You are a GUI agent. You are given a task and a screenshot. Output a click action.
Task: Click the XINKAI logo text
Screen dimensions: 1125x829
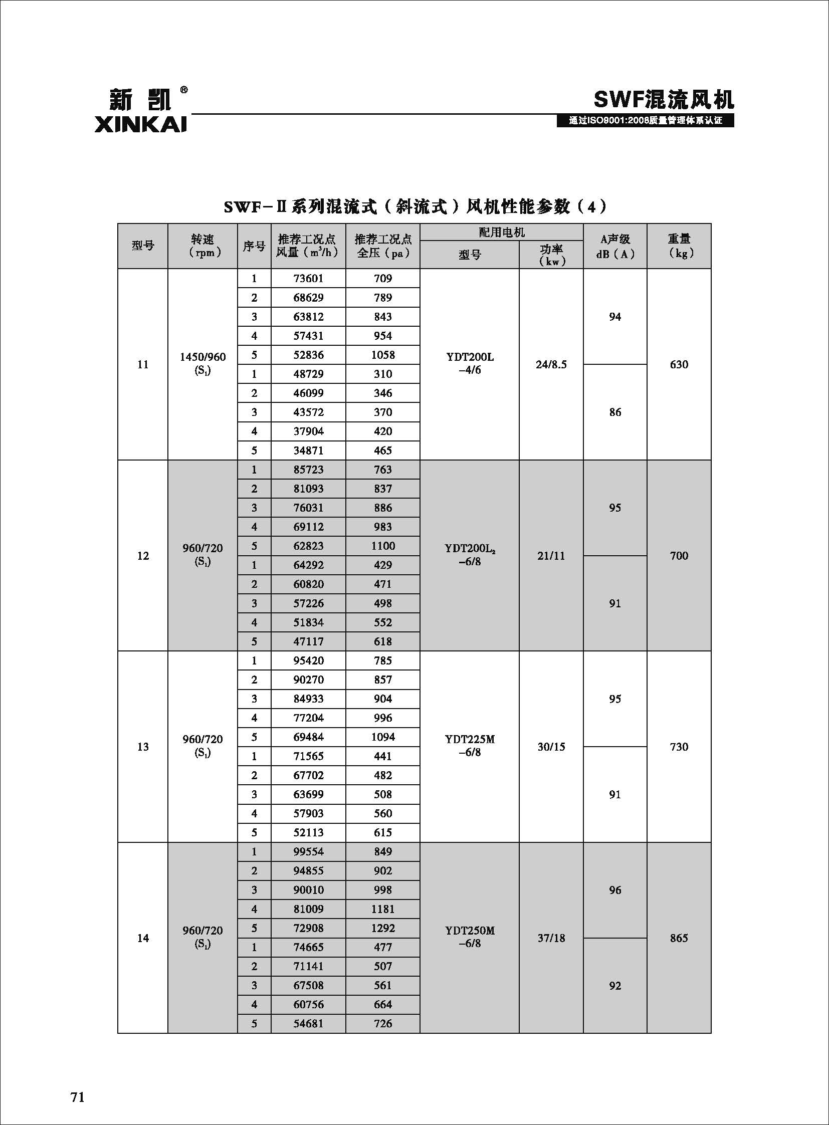click(140, 124)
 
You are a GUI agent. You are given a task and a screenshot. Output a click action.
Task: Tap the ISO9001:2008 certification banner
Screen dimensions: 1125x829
click(645, 121)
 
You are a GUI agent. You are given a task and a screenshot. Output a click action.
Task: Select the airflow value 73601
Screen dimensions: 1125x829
click(308, 279)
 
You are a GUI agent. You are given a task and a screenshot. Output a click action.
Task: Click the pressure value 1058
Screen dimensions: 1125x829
click(382, 355)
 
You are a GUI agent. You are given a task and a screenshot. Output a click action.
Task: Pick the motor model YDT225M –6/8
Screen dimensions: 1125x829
click(469, 746)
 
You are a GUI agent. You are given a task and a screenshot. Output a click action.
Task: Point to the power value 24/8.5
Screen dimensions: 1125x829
click(551, 364)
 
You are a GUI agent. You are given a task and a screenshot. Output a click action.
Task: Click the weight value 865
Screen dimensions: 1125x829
click(679, 938)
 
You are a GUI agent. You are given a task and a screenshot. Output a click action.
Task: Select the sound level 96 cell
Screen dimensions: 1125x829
click(614, 890)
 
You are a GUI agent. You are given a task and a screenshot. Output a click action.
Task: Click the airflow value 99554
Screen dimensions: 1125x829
click(308, 851)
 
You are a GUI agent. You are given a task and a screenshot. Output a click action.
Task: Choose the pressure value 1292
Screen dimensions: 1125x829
click(382, 928)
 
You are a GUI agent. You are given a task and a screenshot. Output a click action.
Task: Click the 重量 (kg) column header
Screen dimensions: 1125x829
click(679, 246)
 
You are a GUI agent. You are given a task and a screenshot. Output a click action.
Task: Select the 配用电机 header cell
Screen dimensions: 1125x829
click(501, 233)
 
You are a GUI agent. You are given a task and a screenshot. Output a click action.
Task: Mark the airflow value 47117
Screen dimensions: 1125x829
click(308, 641)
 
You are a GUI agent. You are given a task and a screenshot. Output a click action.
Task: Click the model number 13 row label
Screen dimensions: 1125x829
click(143, 747)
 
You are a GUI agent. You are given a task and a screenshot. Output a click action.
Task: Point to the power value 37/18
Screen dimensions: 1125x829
click(551, 938)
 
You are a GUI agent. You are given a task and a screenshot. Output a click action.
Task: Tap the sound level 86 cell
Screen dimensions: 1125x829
click(614, 412)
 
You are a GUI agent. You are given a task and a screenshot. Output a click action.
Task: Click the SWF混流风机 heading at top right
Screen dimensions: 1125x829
click(664, 99)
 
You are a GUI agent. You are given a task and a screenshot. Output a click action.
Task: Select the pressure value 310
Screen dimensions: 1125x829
click(382, 374)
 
